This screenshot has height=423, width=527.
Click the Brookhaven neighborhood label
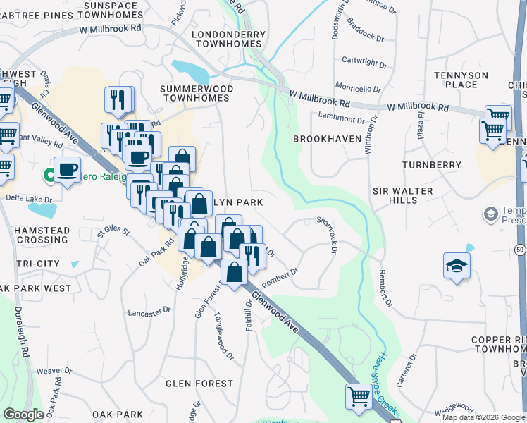click(x=327, y=139)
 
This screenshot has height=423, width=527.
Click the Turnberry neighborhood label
click(x=431, y=165)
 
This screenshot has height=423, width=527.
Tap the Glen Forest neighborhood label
click(x=199, y=384)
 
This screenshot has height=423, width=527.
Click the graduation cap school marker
click(x=457, y=266)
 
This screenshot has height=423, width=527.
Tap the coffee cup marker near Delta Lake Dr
click(x=67, y=169)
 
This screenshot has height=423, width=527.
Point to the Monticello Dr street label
click(x=358, y=89)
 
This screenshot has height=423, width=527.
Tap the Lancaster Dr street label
click(x=149, y=310)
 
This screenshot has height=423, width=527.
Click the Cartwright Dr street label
click(x=364, y=61)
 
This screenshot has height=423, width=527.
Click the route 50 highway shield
click(x=519, y=250)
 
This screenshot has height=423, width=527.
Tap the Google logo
click(x=23, y=415)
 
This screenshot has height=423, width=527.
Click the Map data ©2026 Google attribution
click(x=483, y=417)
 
